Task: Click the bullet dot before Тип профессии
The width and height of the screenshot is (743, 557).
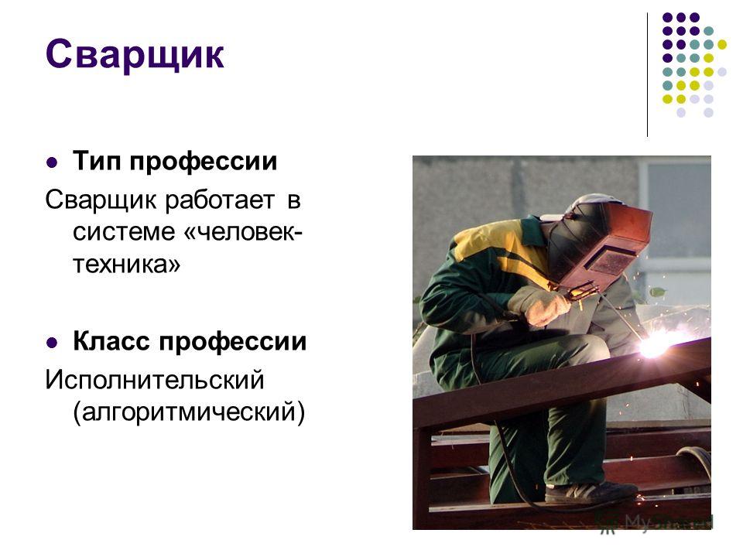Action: [x=52, y=163]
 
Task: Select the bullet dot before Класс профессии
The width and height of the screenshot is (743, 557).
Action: [x=52, y=343]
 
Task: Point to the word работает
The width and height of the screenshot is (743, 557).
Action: [x=220, y=200]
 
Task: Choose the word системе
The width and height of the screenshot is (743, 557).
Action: [x=124, y=232]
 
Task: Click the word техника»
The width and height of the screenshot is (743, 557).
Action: [x=126, y=264]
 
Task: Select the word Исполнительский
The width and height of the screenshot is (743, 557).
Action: [x=155, y=380]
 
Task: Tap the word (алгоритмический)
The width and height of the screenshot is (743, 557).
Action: [x=189, y=412]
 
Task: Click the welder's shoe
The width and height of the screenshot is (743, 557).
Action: [x=588, y=493]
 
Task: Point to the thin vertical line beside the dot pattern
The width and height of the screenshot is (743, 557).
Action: [x=647, y=75]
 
